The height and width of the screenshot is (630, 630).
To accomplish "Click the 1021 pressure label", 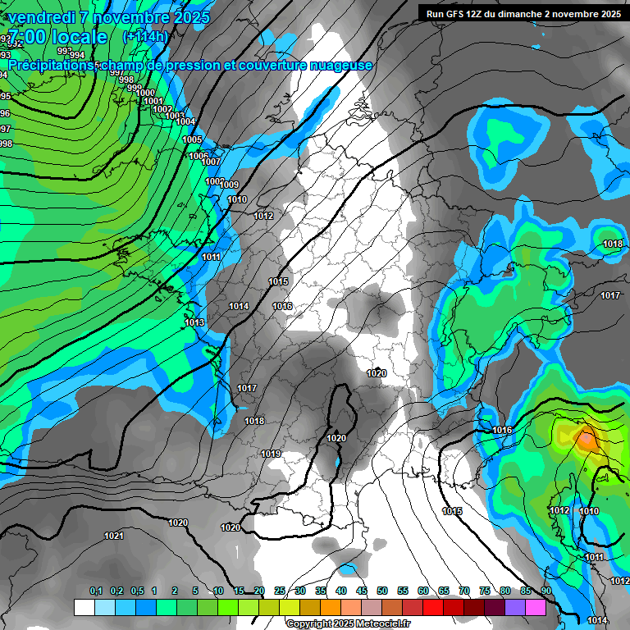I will (114, 536).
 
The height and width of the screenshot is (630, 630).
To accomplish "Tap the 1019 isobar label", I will (271, 454).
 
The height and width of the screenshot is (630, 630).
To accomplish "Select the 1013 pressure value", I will (194, 322).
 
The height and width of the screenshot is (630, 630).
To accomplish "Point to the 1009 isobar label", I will (229, 185).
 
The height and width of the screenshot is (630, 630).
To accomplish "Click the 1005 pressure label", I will (192, 140).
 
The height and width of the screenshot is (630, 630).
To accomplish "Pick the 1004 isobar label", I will (186, 121).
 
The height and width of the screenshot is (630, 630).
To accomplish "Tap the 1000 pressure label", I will (146, 93).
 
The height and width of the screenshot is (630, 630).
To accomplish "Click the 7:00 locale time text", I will (57, 37).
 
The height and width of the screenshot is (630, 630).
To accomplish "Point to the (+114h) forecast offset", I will (145, 37).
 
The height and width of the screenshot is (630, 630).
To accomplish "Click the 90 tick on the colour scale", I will (546, 591).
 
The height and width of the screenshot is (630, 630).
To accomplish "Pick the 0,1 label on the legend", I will (95, 591).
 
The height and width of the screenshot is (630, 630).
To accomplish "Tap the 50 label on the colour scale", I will (382, 591).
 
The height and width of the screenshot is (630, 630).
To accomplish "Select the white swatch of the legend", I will (84, 607).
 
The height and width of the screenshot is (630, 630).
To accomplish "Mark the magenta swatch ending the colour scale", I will (536, 607).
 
